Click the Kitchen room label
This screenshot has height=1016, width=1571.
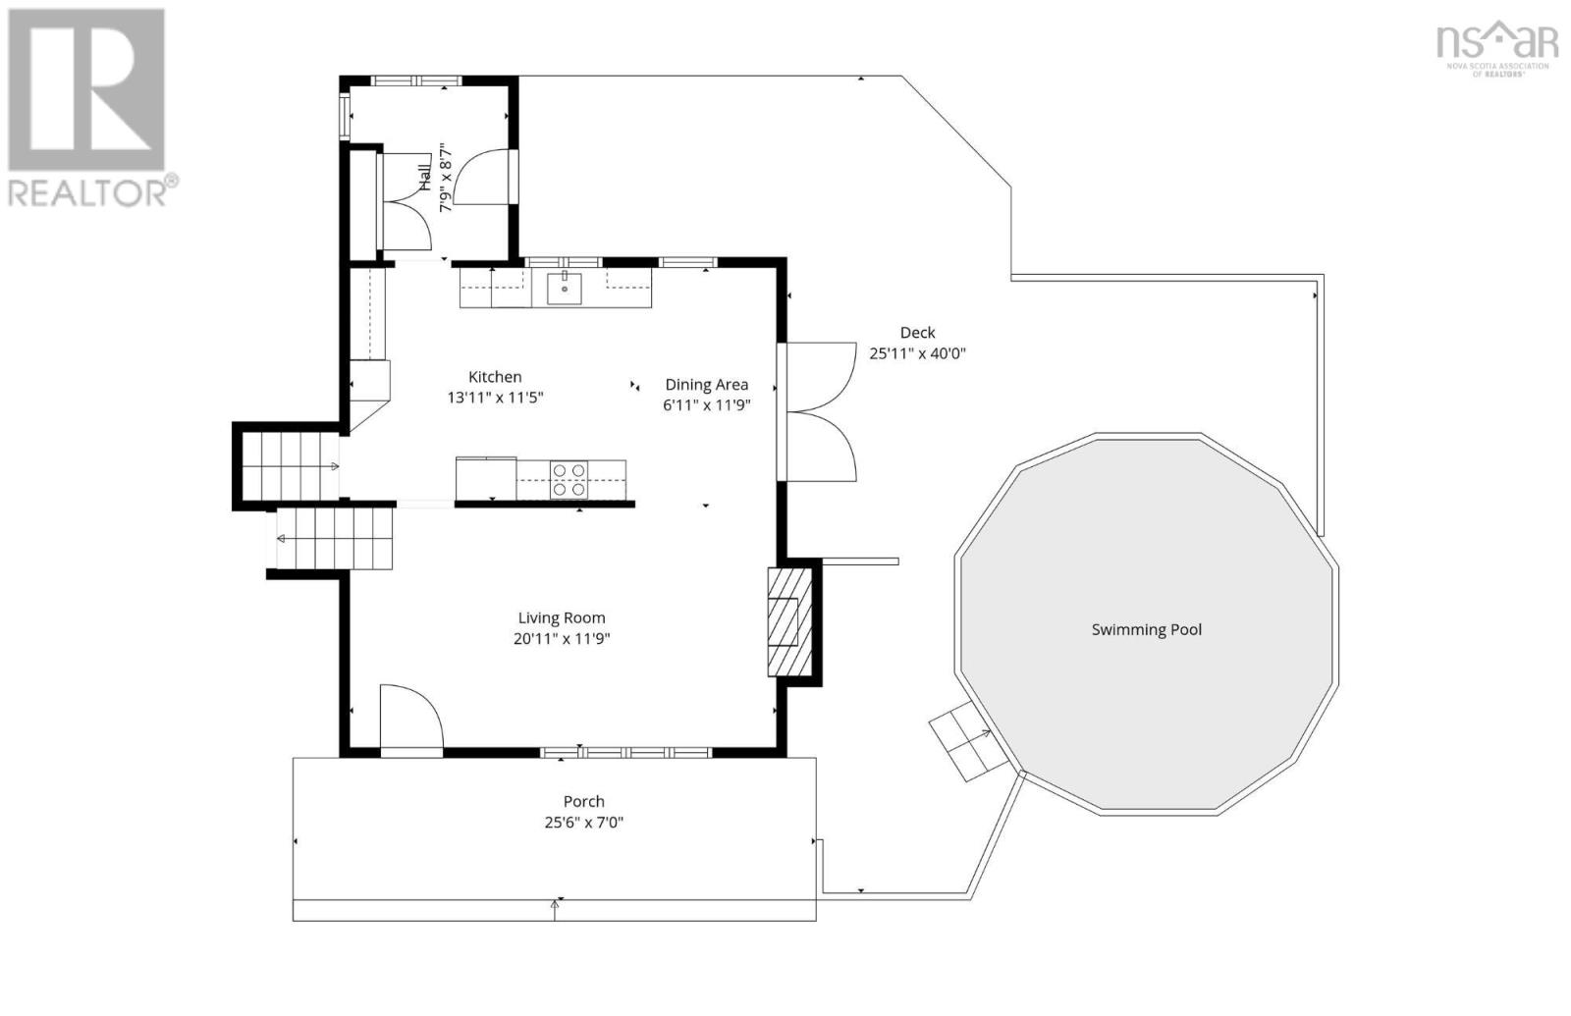pyautogui.click(x=495, y=377)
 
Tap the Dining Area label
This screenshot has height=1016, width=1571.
pyautogui.click(x=706, y=384)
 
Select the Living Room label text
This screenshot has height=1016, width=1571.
pyautogui.click(x=561, y=617)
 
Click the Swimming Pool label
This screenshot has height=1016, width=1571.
pyautogui.click(x=1147, y=629)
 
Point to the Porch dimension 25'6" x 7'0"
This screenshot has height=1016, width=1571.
pyautogui.click(x=584, y=822)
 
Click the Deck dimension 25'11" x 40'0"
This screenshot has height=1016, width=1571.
pyautogui.click(x=917, y=353)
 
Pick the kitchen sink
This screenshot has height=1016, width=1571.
pyautogui.click(x=564, y=289)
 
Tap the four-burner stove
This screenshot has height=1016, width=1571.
pyautogui.click(x=569, y=480)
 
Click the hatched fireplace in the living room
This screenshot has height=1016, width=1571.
pyautogui.click(x=789, y=622)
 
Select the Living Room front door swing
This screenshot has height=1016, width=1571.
pyautogui.click(x=411, y=717)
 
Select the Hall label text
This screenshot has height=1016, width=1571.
pyautogui.click(x=425, y=178)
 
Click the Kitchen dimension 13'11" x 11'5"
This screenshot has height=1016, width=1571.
pyautogui.click(x=495, y=398)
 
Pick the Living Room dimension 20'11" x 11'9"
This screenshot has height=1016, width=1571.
pyautogui.click(x=562, y=639)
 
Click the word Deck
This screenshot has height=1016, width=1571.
pyautogui.click(x=917, y=333)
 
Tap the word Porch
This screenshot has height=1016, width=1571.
pyautogui.click(x=583, y=801)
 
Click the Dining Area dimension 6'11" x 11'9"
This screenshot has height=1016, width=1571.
pyautogui.click(x=707, y=405)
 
